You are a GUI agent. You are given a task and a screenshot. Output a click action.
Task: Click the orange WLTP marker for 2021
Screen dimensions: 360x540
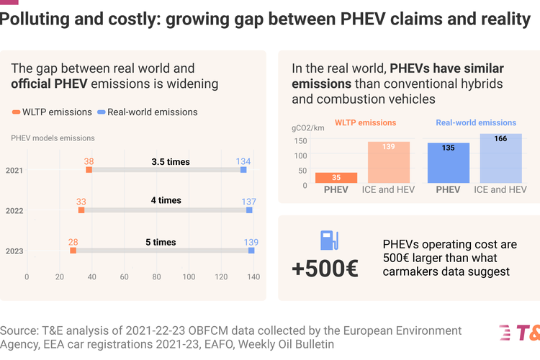[x=89, y=170]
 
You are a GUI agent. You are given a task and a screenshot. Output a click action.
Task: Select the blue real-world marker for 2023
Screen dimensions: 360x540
[x=251, y=251]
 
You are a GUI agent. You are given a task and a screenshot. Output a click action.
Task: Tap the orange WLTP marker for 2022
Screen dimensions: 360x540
[x=81, y=210]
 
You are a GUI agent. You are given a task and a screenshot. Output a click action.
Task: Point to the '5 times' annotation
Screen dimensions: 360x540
[x=161, y=242]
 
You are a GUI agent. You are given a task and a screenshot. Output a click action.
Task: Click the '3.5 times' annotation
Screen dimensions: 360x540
[x=171, y=162]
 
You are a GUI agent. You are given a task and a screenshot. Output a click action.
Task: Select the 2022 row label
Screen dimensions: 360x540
[x=14, y=210]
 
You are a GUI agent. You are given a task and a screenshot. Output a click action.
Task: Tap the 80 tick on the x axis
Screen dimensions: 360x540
[x=157, y=276]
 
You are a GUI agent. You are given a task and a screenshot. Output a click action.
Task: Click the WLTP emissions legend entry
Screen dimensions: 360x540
[x=52, y=112]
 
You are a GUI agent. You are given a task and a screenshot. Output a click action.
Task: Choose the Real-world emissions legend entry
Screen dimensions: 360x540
[x=147, y=112]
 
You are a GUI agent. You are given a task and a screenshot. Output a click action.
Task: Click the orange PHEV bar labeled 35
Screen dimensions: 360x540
[x=336, y=179]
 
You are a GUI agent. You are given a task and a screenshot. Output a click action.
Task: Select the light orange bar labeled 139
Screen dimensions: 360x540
[x=389, y=162]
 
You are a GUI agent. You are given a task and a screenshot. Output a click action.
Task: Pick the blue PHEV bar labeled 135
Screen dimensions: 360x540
[x=448, y=163]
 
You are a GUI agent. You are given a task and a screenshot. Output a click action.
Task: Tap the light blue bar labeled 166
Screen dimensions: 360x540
[x=500, y=158]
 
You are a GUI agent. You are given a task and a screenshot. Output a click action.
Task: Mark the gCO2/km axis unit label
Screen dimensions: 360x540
[x=309, y=127]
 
